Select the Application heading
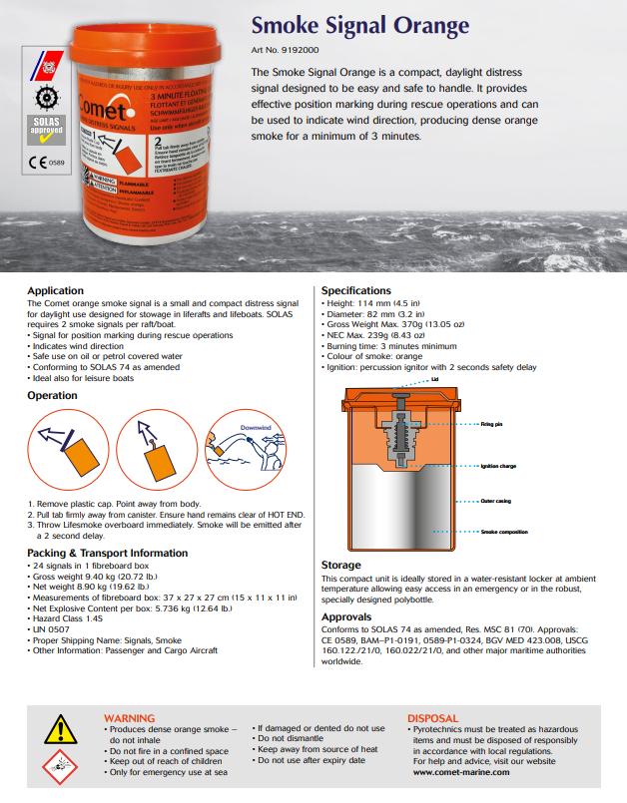[x=55, y=290]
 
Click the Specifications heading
[x=356, y=290]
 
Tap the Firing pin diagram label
[x=491, y=424]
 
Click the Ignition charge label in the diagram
[x=497, y=466]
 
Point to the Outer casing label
[x=495, y=500]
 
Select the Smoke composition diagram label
[x=503, y=533]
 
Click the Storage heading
[x=340, y=565]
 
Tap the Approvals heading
[x=346, y=616]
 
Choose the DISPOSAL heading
[x=432, y=717]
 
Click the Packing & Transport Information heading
[x=107, y=552]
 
